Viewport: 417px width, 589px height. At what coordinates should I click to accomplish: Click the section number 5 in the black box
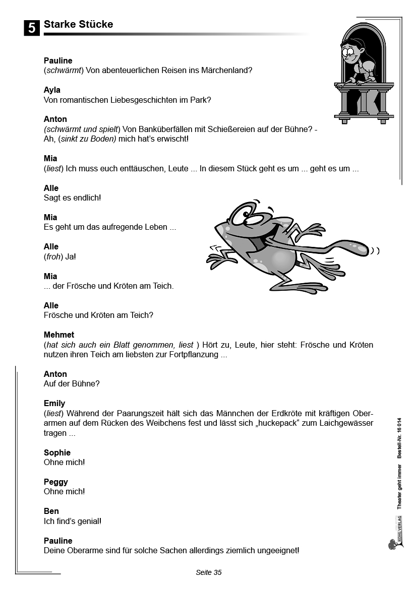coord(31,28)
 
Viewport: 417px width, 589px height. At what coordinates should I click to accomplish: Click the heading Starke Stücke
coord(78,24)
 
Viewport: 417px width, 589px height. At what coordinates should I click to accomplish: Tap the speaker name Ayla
coord(52,90)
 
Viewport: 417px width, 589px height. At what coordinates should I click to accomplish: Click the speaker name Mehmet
coord(59,335)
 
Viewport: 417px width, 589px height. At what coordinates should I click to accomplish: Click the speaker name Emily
coord(54,403)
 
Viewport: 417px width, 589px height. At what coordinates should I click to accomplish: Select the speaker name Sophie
coord(57,452)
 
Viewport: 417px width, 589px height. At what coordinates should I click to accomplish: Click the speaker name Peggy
coord(55,482)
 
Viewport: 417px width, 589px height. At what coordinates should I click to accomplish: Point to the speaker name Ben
coord(51,511)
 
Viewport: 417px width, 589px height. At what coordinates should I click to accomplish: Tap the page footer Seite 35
coord(208,572)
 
